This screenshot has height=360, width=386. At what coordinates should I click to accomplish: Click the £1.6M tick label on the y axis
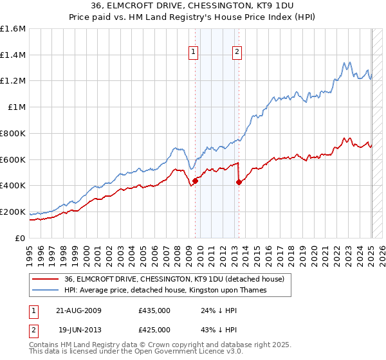[13, 29]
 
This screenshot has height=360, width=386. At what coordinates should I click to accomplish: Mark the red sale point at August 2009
[195, 181]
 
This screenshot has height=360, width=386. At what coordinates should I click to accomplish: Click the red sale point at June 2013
[239, 182]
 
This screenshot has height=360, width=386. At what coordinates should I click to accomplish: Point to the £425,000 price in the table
[154, 330]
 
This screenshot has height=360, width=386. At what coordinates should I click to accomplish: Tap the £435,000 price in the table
[154, 310]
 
